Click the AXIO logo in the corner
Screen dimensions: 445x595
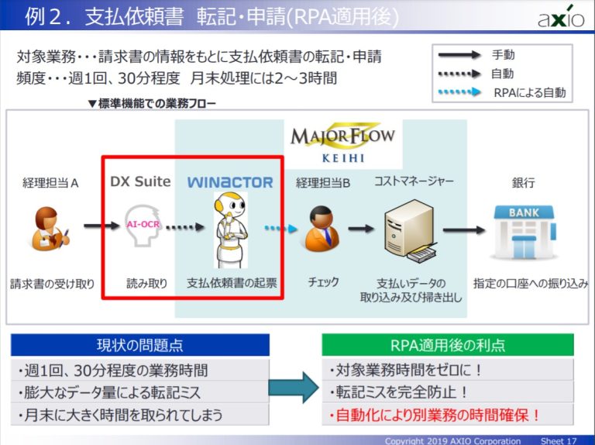click(561, 16)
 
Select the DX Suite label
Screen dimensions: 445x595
click(140, 182)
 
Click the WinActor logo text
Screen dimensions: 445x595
click(230, 182)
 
